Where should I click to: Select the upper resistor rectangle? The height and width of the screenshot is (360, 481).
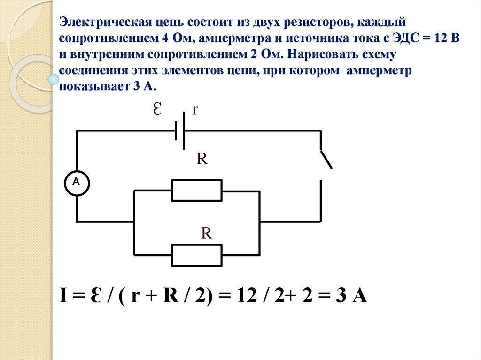(x=197, y=191)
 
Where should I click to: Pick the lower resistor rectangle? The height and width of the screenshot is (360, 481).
(x=197, y=255)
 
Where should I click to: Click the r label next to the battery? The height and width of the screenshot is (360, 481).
(x=195, y=110)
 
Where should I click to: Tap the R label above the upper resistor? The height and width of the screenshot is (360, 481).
(x=202, y=159)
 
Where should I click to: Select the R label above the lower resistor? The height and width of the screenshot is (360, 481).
(x=207, y=233)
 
